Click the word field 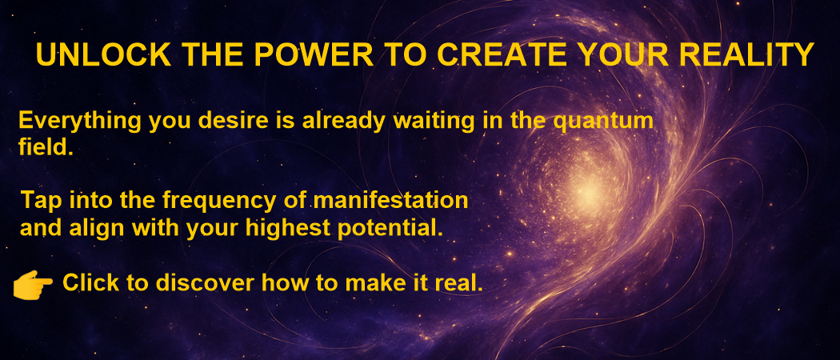coord(46,146)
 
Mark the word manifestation coord(390,201)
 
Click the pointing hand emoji coord(33,284)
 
